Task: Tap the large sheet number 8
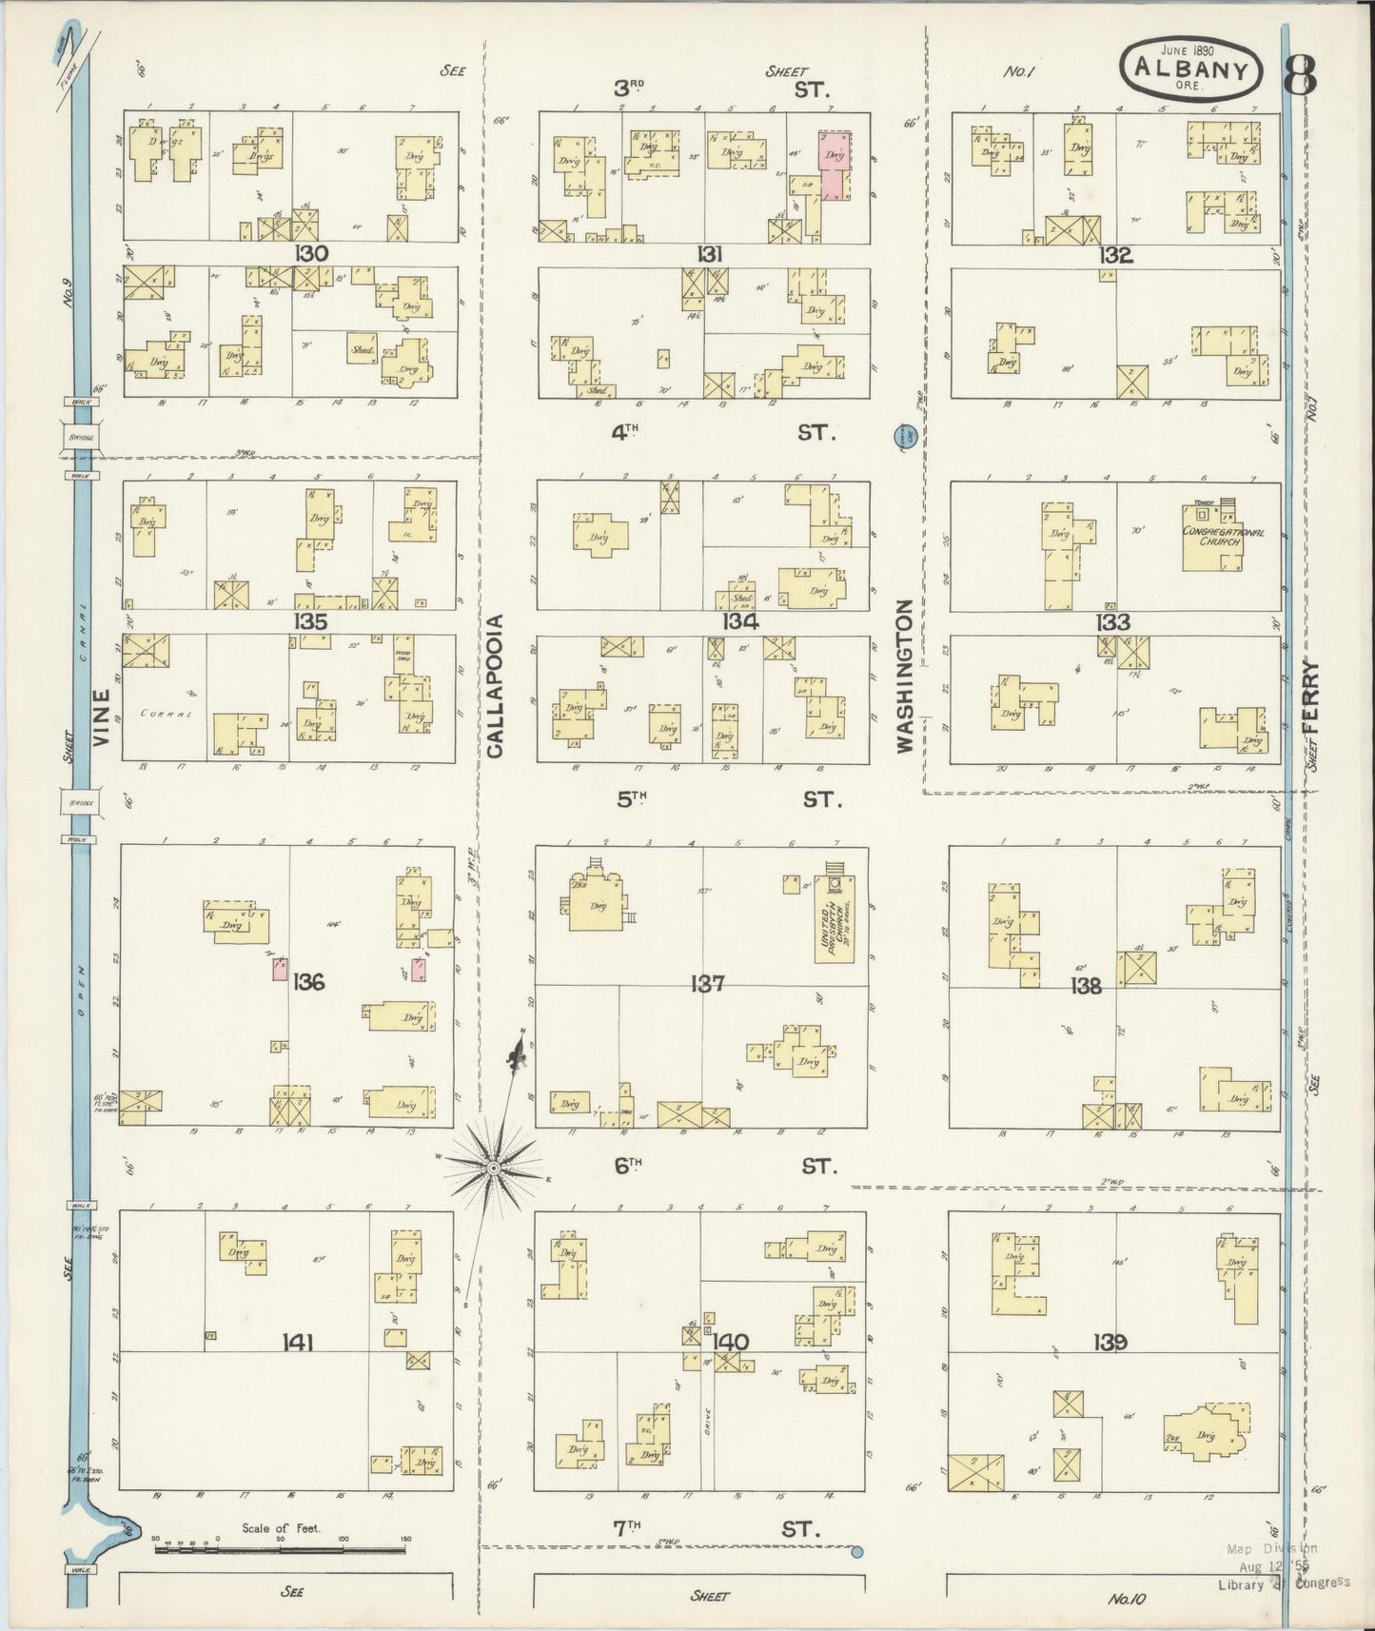click(x=1299, y=73)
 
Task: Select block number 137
click(x=708, y=984)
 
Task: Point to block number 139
click(x=1110, y=1343)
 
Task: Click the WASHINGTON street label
click(x=905, y=676)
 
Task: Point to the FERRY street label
click(x=1313, y=696)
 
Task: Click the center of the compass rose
click(x=494, y=1167)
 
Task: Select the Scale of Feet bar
click(x=281, y=1550)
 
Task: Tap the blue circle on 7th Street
click(x=856, y=1553)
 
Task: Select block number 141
click(x=298, y=1343)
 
